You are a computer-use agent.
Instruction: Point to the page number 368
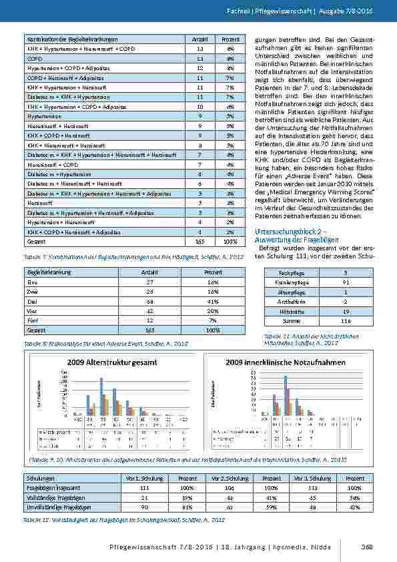tap(366, 547)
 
